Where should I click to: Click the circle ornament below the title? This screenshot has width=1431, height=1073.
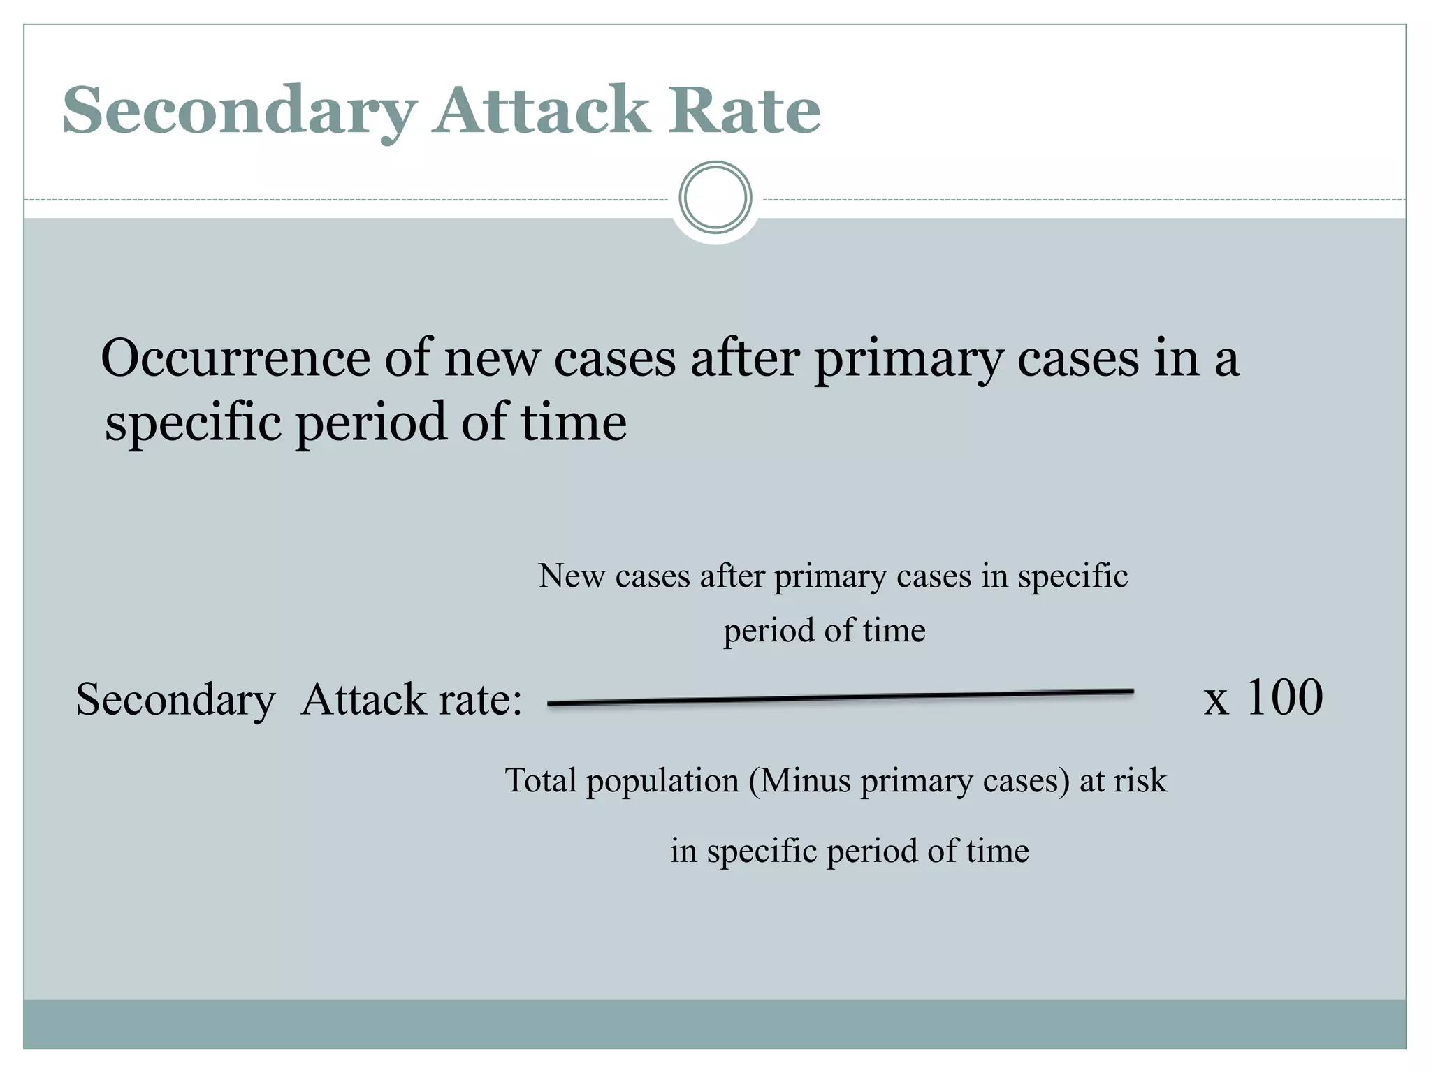coord(715,198)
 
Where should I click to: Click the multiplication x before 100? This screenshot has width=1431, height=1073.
coord(1216,700)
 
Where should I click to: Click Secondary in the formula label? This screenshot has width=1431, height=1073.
coord(175,700)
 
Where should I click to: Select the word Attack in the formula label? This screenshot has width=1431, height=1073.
coord(363,700)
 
